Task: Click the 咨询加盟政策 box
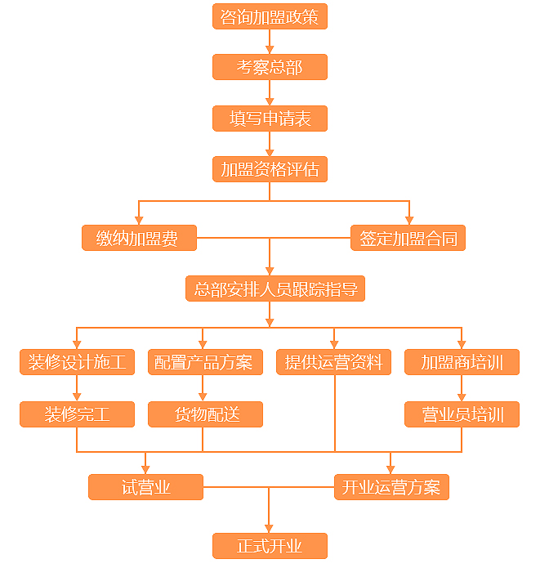[270, 16]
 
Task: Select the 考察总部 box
[270, 67]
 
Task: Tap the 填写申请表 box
[270, 119]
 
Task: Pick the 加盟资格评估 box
[270, 169]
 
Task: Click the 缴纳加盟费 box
[139, 238]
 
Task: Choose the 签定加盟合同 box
[408, 238]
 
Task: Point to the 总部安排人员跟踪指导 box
[275, 288]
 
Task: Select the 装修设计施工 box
[78, 362]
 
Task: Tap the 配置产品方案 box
[205, 362]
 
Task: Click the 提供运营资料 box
[333, 362]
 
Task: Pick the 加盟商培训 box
[462, 362]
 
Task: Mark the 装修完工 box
[78, 414]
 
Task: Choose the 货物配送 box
[205, 414]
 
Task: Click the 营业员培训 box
[462, 414]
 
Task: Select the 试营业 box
[145, 487]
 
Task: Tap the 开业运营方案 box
[392, 487]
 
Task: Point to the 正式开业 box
[270, 546]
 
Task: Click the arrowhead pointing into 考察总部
[270, 50]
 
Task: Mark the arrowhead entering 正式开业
[269, 529]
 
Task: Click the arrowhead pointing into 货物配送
[203, 397]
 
